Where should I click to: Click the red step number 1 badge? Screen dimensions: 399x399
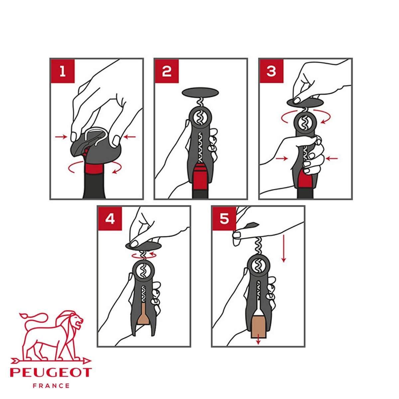point(63,71)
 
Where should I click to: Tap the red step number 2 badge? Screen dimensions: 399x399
point(167,71)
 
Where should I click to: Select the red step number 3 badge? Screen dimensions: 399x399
point(271,71)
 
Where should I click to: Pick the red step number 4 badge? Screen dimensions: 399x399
point(110,218)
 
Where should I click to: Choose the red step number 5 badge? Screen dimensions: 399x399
point(224,218)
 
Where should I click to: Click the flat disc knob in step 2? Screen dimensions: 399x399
point(200,92)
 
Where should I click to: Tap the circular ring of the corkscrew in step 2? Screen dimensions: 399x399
point(200,117)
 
